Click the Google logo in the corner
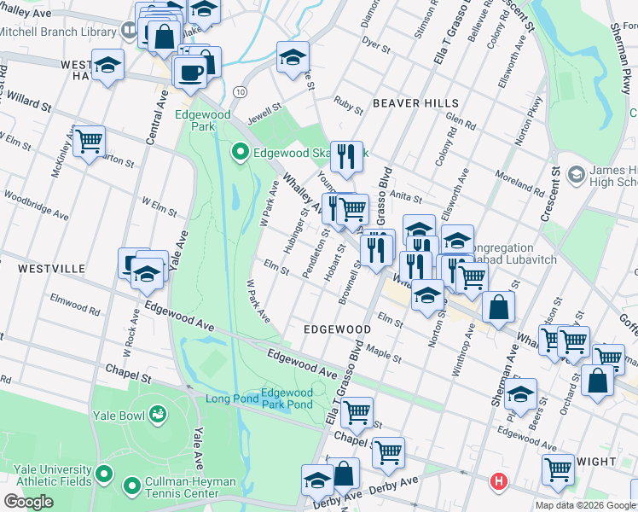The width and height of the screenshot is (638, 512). click(28, 502)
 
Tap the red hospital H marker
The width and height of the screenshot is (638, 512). click(498, 483)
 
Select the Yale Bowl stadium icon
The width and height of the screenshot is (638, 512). click(157, 415)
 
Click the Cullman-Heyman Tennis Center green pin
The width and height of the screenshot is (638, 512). click(132, 487)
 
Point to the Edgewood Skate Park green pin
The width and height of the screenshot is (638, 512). click(241, 154)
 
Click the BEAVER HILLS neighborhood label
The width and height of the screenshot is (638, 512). click(415, 103)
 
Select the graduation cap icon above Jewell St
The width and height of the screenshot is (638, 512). click(292, 58)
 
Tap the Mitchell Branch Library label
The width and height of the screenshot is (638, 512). click(58, 32)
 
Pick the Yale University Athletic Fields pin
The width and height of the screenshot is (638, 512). click(104, 473)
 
